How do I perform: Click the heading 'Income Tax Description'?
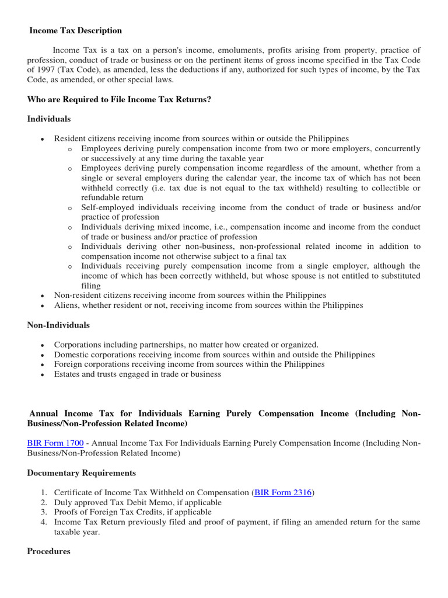[75, 30]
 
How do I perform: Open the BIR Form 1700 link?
[55, 443]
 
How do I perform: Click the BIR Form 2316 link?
[283, 493]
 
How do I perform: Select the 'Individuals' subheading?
[49, 119]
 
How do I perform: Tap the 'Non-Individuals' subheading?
[58, 325]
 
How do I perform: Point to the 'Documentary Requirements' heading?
[81, 473]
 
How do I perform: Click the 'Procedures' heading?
[49, 551]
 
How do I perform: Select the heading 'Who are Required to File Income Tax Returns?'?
[119, 100]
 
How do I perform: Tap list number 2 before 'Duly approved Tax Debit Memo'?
[43, 503]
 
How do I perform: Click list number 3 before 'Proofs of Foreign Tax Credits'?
[43, 512]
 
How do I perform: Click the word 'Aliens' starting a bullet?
[67, 305]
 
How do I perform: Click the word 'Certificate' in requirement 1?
[73, 493]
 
